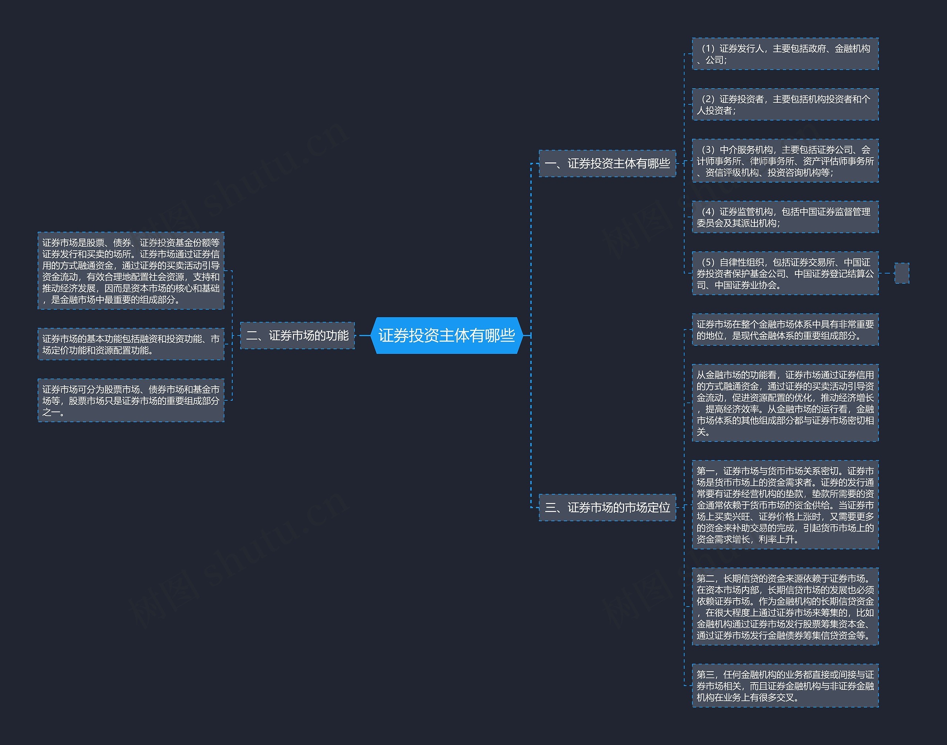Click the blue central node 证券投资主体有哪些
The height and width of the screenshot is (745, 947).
click(x=446, y=335)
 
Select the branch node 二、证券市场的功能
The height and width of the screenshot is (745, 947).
click(x=297, y=335)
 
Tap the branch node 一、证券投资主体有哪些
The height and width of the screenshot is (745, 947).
click(x=607, y=163)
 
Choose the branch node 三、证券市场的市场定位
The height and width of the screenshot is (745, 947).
click(x=607, y=507)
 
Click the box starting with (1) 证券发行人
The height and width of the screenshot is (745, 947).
click(x=785, y=54)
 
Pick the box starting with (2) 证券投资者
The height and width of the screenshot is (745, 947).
click(x=785, y=104)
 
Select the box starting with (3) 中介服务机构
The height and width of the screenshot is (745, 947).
click(x=785, y=160)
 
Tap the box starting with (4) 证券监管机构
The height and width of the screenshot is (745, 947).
click(x=785, y=217)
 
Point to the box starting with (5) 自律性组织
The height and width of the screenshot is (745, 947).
click(x=785, y=273)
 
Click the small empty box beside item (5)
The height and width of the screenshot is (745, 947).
click(x=901, y=273)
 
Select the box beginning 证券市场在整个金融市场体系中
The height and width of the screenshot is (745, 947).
click(x=785, y=329)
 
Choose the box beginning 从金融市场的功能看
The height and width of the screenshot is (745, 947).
click(x=785, y=403)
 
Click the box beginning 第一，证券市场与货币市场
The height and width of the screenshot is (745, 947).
click(x=785, y=505)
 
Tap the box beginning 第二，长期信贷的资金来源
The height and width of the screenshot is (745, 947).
click(x=785, y=606)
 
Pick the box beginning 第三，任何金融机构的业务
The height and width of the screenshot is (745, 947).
click(x=785, y=685)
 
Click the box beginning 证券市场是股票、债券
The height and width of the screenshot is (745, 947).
click(x=131, y=270)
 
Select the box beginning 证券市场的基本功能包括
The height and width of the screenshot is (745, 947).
click(x=131, y=344)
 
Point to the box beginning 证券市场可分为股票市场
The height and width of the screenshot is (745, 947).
click(x=131, y=400)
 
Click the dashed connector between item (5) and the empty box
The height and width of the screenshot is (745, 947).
click(x=886, y=273)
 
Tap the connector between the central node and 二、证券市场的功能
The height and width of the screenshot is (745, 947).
click(x=363, y=335)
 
